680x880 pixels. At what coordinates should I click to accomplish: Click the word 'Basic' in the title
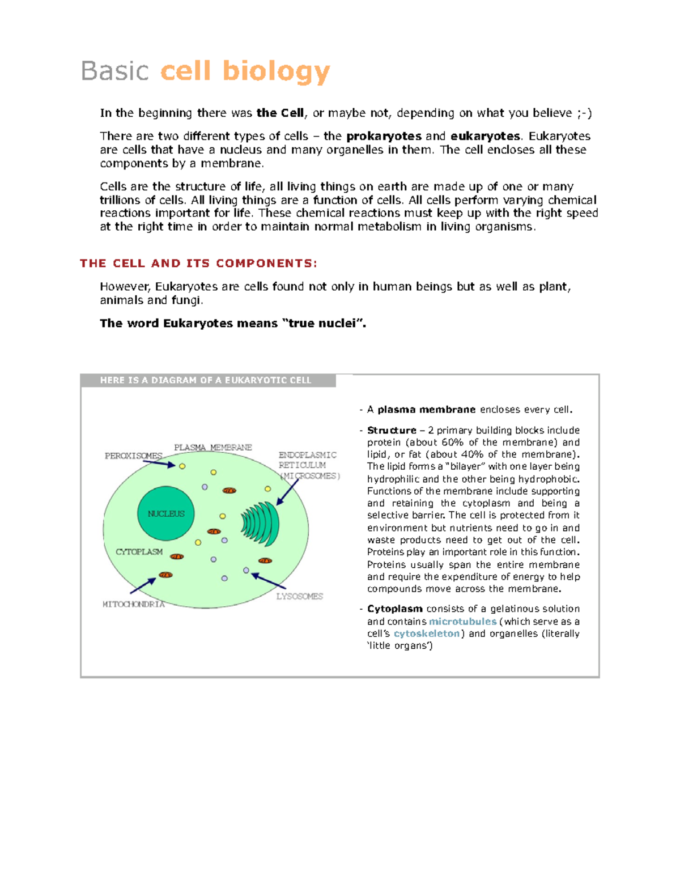tap(115, 71)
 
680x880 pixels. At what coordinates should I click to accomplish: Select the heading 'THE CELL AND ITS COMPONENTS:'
tap(198, 263)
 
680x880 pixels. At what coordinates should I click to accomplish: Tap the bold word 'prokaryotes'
tap(384, 137)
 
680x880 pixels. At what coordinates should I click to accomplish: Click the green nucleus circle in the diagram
tap(166, 513)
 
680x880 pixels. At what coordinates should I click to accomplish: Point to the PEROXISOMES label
tap(133, 456)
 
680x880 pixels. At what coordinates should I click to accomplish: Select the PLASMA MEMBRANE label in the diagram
tap(212, 447)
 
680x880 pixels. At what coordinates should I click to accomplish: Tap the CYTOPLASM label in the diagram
tap(139, 551)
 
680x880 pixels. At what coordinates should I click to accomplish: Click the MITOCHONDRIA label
tap(133, 604)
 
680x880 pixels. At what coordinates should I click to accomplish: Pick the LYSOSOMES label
tap(299, 596)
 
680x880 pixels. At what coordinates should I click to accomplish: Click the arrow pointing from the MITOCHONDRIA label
tap(143, 586)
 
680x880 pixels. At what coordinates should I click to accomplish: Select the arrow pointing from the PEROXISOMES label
tap(159, 463)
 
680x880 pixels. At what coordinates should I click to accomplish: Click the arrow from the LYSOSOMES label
tap(269, 581)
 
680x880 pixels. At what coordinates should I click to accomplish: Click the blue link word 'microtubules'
tap(462, 622)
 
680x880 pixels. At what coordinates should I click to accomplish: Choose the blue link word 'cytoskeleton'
tap(427, 634)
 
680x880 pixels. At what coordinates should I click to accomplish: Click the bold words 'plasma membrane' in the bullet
tap(426, 410)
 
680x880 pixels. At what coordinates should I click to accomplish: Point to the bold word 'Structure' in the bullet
tap(392, 431)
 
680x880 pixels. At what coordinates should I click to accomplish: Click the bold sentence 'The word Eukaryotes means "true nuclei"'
tap(232, 324)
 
